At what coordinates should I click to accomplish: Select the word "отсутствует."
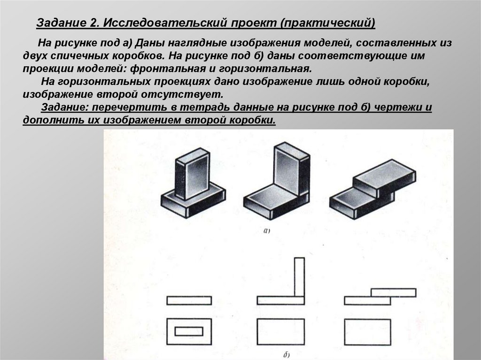[x=182, y=94]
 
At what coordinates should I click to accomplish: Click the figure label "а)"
[x=267, y=231]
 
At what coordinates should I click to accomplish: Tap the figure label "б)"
[x=287, y=355]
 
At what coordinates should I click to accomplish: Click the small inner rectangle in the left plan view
[x=189, y=327]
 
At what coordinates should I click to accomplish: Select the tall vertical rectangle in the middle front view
[x=299, y=277]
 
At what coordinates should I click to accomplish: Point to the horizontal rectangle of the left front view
[x=189, y=300]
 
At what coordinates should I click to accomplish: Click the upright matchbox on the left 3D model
[x=192, y=173]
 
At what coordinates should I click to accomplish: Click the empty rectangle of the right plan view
[x=367, y=332]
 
